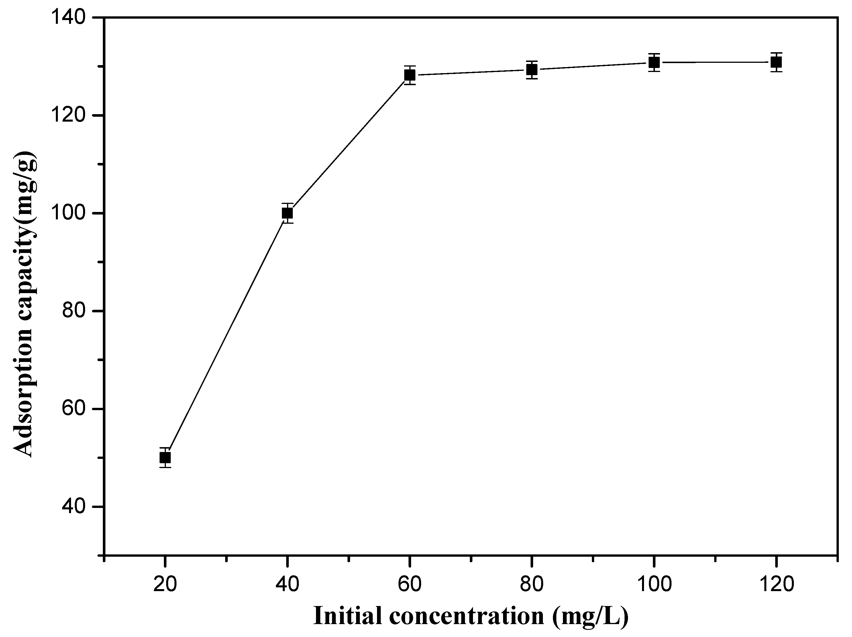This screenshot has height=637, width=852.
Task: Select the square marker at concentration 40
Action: point(287,213)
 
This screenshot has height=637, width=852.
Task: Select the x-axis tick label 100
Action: point(654,585)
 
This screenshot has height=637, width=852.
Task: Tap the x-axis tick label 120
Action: point(776,585)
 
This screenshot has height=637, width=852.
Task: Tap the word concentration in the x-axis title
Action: point(466,616)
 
